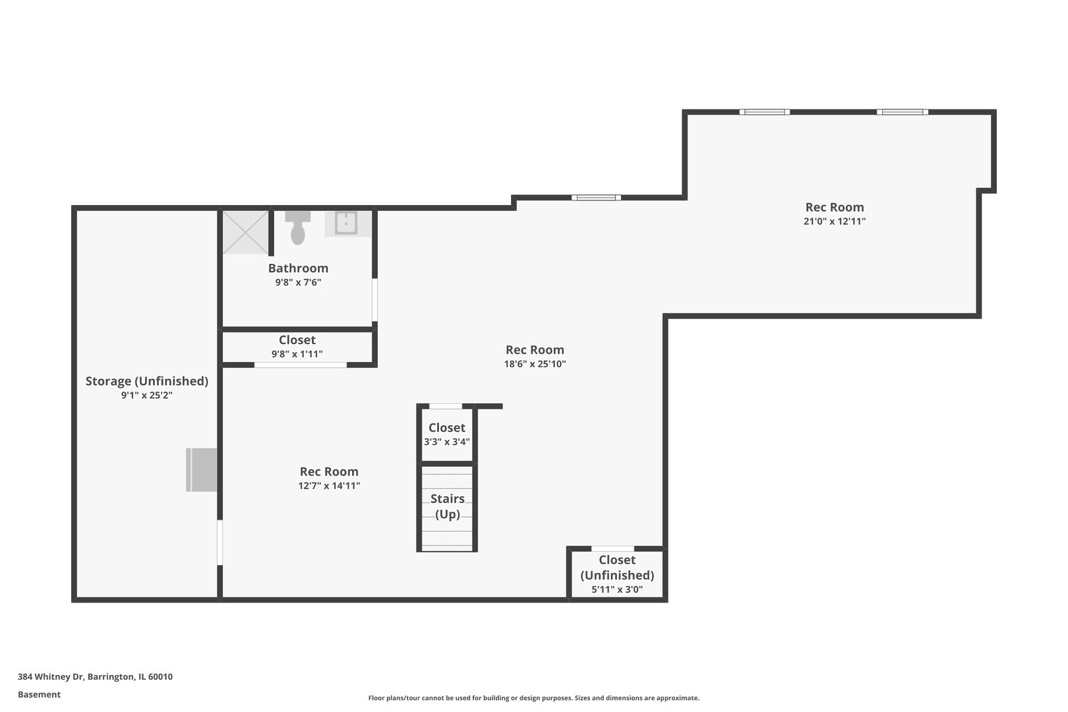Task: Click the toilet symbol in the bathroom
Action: (x=298, y=228)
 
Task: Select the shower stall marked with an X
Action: (x=245, y=232)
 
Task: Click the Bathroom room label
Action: (x=298, y=268)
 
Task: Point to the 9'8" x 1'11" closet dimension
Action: (x=297, y=354)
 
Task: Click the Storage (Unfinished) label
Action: (x=147, y=381)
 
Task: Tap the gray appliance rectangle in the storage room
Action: (x=201, y=470)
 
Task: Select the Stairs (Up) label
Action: (x=447, y=506)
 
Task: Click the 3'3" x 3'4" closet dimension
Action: (x=447, y=442)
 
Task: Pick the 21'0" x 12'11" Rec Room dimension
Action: (x=835, y=222)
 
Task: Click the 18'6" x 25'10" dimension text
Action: (x=535, y=364)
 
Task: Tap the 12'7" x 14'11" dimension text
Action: (x=329, y=485)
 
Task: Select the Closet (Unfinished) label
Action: (x=617, y=568)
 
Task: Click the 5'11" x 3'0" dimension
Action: (x=617, y=589)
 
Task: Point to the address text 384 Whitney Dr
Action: (x=51, y=676)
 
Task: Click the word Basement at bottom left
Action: (x=39, y=694)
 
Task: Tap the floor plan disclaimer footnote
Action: (x=533, y=697)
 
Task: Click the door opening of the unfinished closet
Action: (x=612, y=549)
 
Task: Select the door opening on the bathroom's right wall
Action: (x=374, y=300)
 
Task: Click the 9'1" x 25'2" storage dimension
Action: (x=147, y=396)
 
